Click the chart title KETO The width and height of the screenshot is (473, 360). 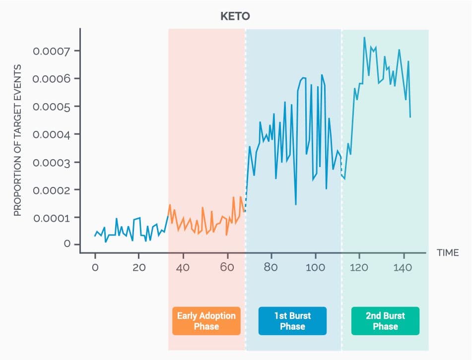(x=235, y=16)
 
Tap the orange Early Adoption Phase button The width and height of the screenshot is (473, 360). (x=206, y=321)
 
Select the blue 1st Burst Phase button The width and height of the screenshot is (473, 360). (x=292, y=321)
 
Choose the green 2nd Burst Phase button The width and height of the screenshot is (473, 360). (x=385, y=321)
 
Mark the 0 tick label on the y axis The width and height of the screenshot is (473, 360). (x=66, y=244)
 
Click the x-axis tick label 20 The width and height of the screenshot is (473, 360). (x=139, y=268)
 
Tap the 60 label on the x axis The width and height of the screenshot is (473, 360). (x=227, y=268)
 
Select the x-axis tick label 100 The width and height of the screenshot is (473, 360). (x=315, y=268)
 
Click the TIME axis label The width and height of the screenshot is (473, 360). (x=448, y=253)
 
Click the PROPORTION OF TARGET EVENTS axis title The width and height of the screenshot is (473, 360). (x=17, y=140)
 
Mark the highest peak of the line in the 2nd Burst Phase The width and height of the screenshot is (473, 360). (x=364, y=37)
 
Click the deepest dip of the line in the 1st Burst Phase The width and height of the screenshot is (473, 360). (x=296, y=205)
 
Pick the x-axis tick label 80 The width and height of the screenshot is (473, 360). (x=271, y=268)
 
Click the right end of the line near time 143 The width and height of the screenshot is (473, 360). (x=410, y=117)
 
